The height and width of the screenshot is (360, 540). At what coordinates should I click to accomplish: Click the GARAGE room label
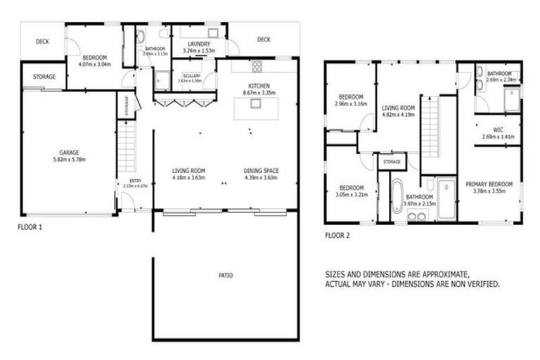tap(68, 152)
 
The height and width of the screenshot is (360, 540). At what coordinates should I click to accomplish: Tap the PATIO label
tap(226, 275)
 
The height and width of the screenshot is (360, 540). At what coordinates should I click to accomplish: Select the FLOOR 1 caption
tap(32, 227)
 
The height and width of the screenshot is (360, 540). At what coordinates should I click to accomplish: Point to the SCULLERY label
tap(190, 76)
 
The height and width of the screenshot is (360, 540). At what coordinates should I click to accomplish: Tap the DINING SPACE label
tap(261, 170)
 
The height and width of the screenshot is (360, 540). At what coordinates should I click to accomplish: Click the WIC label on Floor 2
tap(498, 129)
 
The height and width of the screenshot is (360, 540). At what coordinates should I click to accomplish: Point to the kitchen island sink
tap(256, 103)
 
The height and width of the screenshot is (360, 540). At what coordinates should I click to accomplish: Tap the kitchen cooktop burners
tap(257, 67)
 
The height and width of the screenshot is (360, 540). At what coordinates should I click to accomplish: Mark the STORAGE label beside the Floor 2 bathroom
tap(392, 162)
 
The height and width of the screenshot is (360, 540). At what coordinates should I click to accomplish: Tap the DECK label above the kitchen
tap(263, 39)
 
